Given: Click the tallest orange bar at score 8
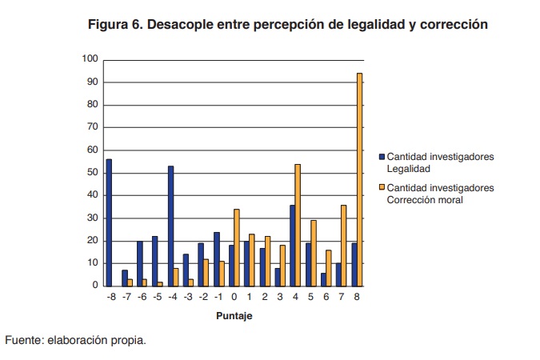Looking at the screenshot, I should [x=359, y=179].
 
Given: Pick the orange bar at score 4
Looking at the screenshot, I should [x=298, y=225].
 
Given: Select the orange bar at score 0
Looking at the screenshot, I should [x=237, y=247].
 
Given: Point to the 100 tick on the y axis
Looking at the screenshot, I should [x=90, y=59].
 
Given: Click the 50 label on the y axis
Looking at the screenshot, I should [x=92, y=173].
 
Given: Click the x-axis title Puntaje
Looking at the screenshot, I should [x=234, y=315].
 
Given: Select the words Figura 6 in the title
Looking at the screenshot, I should [x=118, y=25].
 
